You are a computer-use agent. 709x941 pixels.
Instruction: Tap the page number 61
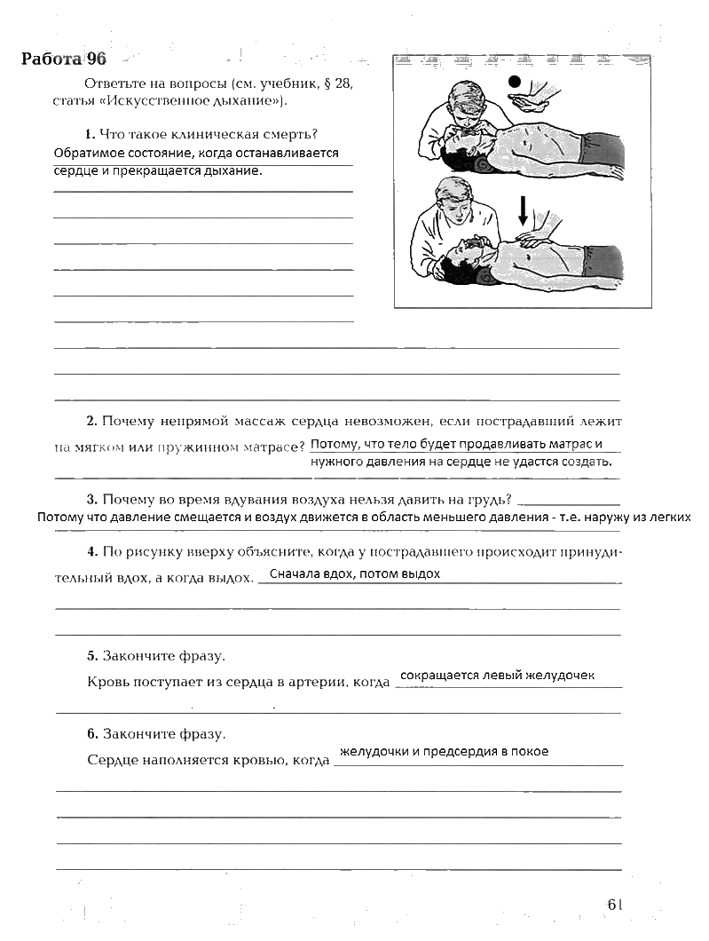[616, 904]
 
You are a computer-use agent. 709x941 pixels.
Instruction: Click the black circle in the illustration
[516, 83]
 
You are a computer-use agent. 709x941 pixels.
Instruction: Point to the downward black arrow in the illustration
[523, 210]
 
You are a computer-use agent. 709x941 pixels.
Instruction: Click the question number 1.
[90, 134]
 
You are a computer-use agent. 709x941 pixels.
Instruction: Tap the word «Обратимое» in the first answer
[85, 153]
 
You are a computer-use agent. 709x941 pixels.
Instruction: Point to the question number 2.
[91, 420]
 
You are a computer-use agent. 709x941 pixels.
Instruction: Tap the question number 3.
[91, 498]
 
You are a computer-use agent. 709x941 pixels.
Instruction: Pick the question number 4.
[91, 551]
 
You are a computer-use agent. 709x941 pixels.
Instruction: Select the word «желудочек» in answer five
[563, 676]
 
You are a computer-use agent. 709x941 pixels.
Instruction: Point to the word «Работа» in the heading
[51, 59]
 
